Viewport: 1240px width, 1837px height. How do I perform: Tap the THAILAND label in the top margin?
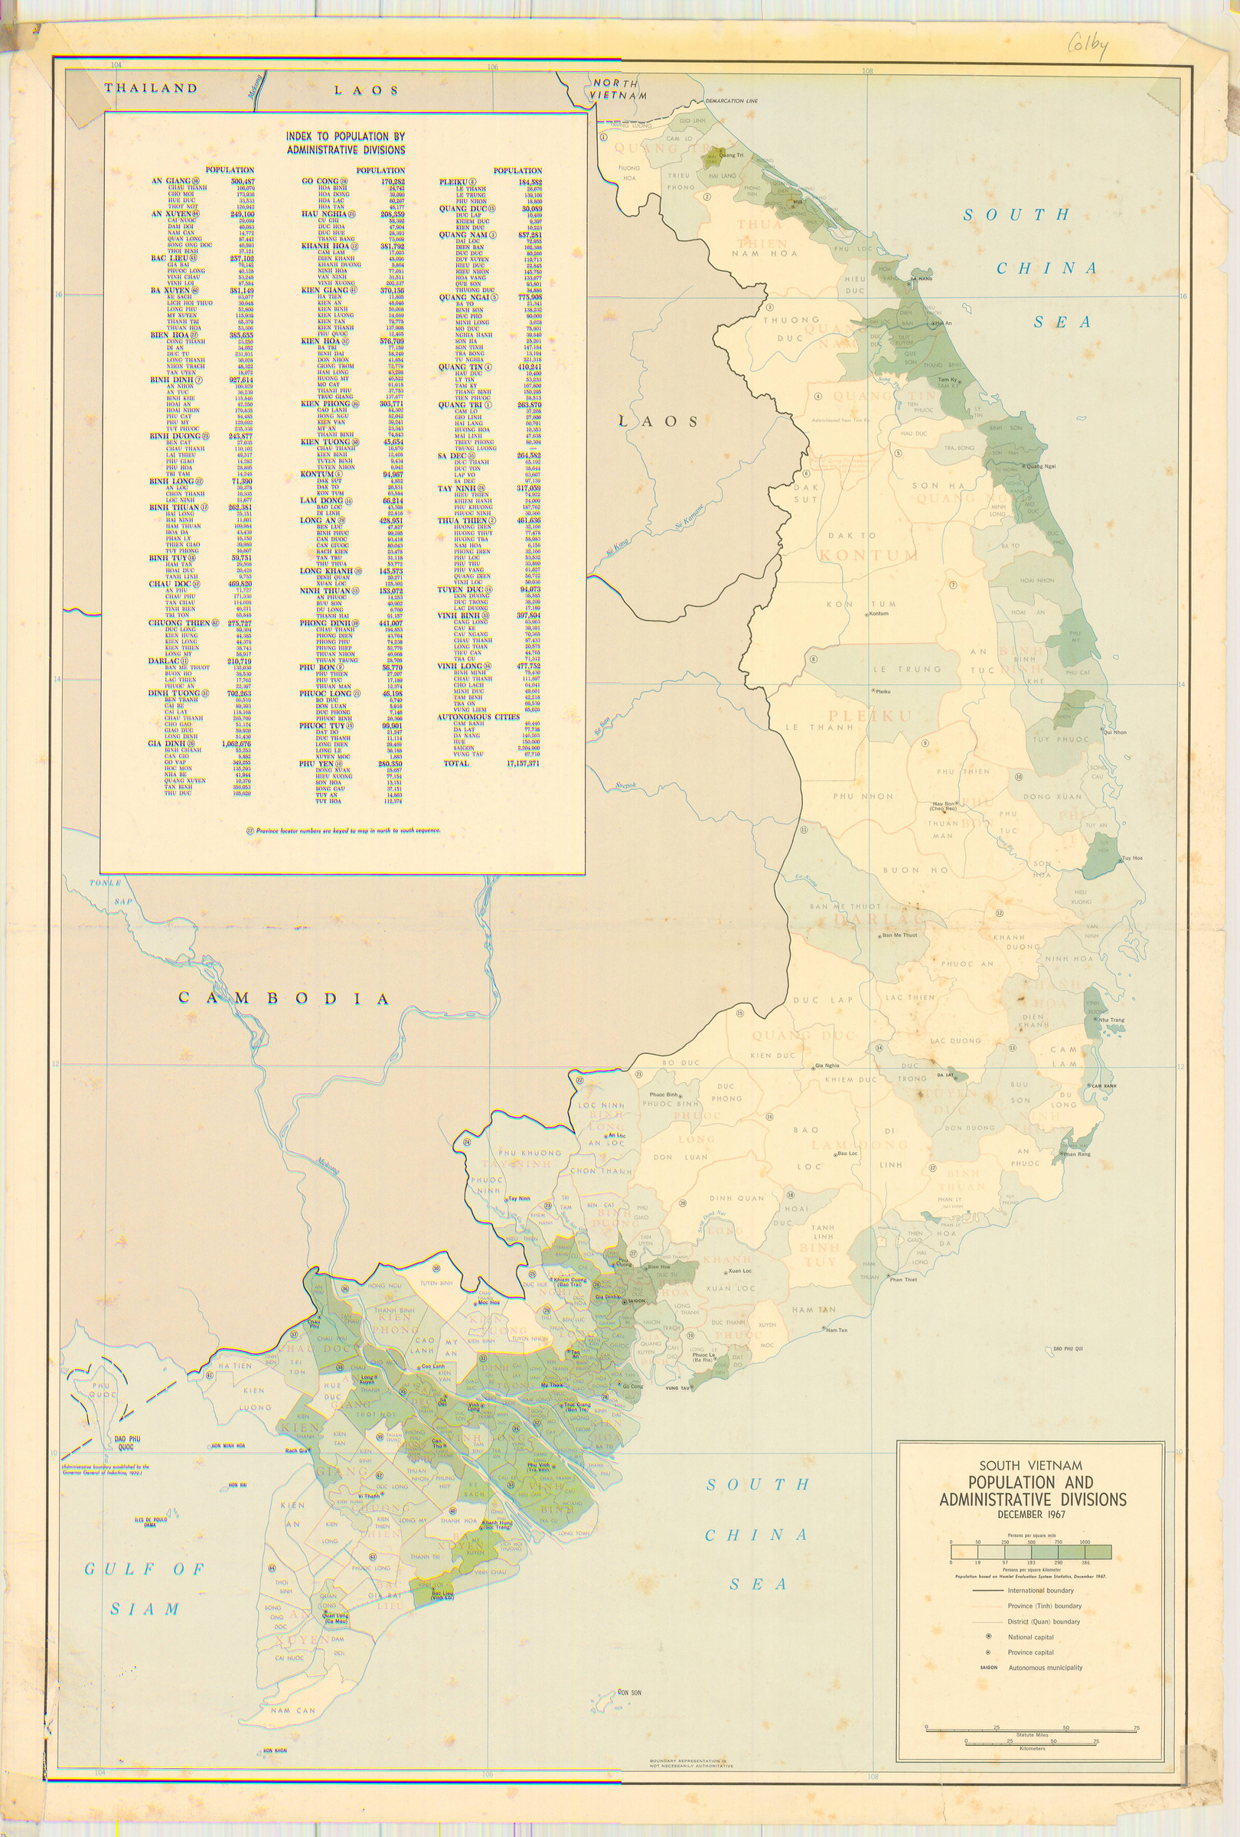click(x=150, y=88)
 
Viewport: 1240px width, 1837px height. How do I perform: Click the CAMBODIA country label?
click(x=284, y=998)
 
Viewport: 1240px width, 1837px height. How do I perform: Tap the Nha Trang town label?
click(x=1112, y=1020)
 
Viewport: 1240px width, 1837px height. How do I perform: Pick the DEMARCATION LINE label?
click(x=730, y=102)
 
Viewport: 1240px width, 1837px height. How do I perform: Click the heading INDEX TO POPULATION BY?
click(x=345, y=136)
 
